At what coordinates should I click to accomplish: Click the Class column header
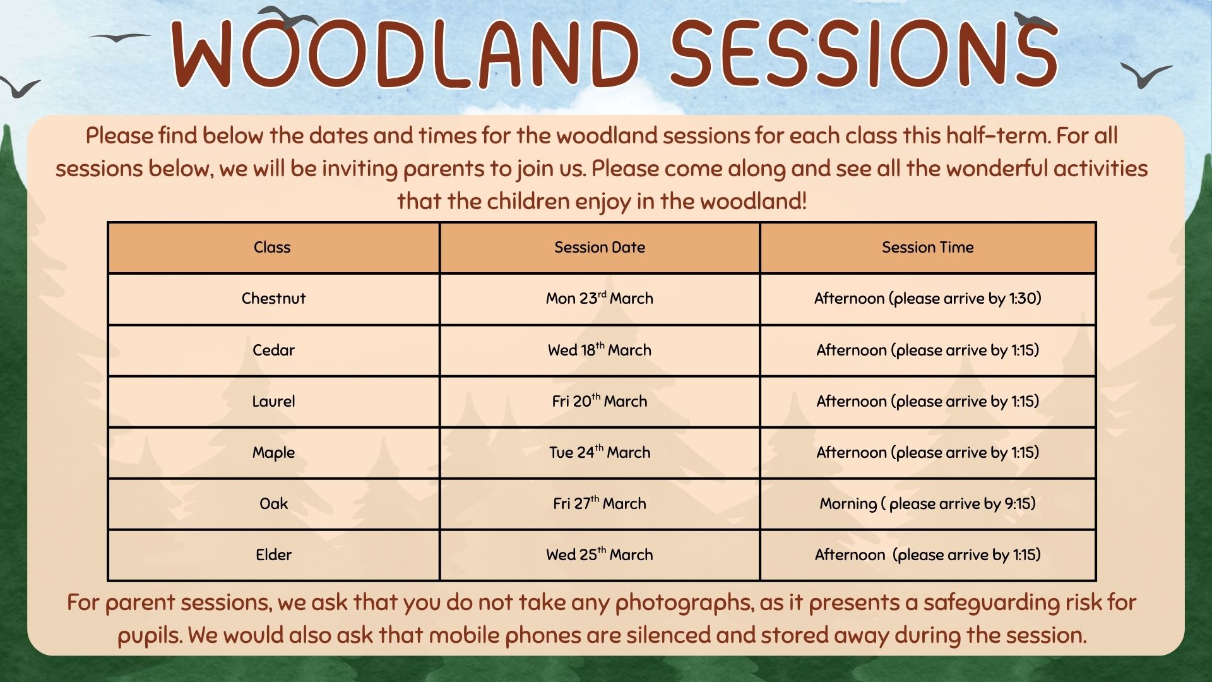(272, 247)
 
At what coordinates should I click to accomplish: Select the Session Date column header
(600, 247)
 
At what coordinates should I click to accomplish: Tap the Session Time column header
(927, 247)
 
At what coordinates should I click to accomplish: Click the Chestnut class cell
(273, 298)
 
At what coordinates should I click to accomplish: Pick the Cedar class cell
(273, 350)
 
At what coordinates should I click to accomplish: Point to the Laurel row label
(273, 401)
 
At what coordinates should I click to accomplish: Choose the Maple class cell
(273, 452)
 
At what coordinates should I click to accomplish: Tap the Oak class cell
(273, 503)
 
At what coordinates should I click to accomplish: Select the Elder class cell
(273, 554)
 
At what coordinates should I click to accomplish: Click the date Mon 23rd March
(600, 298)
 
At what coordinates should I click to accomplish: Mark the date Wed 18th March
(600, 350)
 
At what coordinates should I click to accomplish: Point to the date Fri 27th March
(600, 503)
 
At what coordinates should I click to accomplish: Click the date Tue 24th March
(600, 452)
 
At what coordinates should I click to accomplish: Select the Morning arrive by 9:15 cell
(927, 503)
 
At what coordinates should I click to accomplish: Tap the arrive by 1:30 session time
(927, 298)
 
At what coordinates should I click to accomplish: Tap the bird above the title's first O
(288, 17)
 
